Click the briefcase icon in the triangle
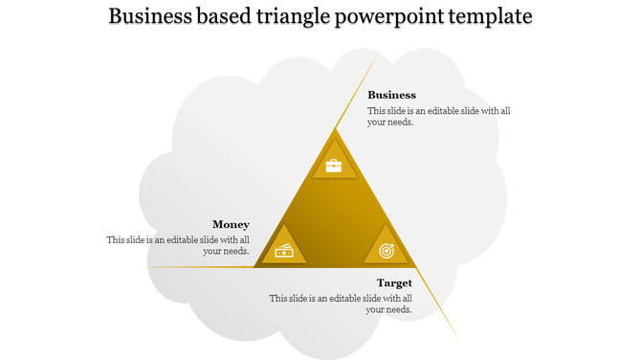[x=333, y=166]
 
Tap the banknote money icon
[x=285, y=251]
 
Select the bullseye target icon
[x=386, y=251]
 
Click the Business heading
[x=391, y=95]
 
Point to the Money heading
[x=231, y=224]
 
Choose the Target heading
[x=394, y=282]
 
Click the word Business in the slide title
[x=156, y=17]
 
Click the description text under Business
[x=439, y=116]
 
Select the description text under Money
[x=178, y=245]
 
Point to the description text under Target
[x=341, y=304]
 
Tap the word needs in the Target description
[x=398, y=309]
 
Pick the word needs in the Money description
[x=236, y=251]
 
